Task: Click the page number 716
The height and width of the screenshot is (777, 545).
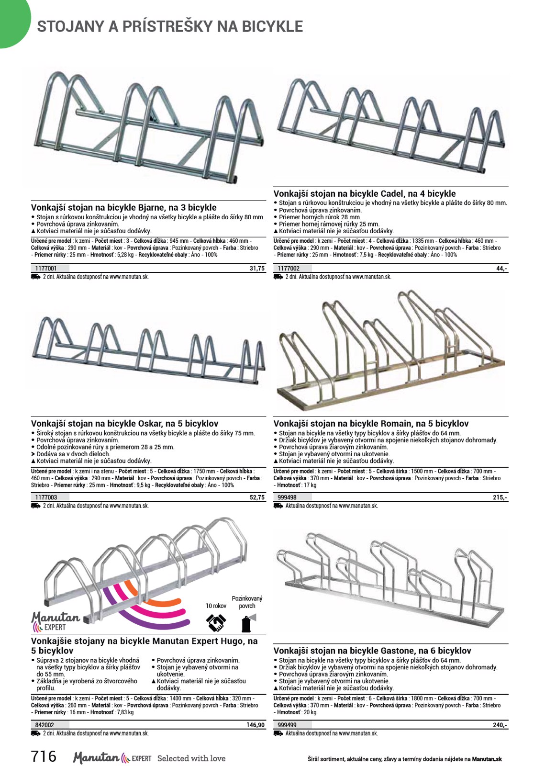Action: tap(44, 756)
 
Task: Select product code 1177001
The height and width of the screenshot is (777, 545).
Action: tap(46, 269)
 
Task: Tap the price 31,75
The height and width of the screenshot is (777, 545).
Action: tap(257, 269)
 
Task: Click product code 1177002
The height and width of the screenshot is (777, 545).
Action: tap(289, 269)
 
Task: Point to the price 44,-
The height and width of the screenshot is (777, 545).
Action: tap(501, 269)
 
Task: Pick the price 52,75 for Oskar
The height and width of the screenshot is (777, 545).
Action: tap(257, 497)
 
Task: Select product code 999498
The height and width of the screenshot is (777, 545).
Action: tap(287, 497)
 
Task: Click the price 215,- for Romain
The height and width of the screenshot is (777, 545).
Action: tap(500, 497)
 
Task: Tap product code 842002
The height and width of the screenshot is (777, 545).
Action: tap(44, 725)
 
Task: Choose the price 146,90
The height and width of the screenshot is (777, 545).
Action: tap(256, 725)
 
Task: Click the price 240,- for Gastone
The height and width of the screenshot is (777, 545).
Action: tap(500, 725)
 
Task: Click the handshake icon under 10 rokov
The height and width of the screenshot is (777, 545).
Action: tap(216, 622)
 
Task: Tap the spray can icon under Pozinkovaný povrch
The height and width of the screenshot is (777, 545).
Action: tap(247, 623)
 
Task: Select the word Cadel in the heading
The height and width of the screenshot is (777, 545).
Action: tap(392, 194)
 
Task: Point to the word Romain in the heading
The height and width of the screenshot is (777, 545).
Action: tap(396, 424)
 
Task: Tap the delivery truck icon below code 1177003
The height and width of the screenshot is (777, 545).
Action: tap(36, 506)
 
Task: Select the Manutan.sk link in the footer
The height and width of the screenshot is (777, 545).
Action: tap(487, 759)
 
